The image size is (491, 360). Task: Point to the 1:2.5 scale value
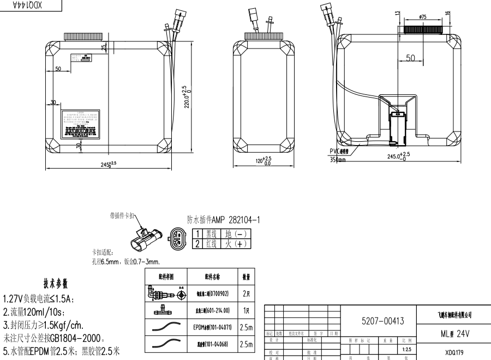[x=407, y=349]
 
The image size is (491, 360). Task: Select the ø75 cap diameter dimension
[x=423, y=17]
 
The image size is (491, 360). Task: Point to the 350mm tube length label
[x=338, y=160]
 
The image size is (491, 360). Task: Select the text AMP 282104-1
[x=237, y=220]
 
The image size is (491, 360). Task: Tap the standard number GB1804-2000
[x=82, y=338]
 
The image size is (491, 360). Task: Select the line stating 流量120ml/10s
[x=38, y=312]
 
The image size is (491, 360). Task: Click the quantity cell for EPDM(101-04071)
[x=246, y=327]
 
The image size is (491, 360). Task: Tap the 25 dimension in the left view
[x=104, y=47]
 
